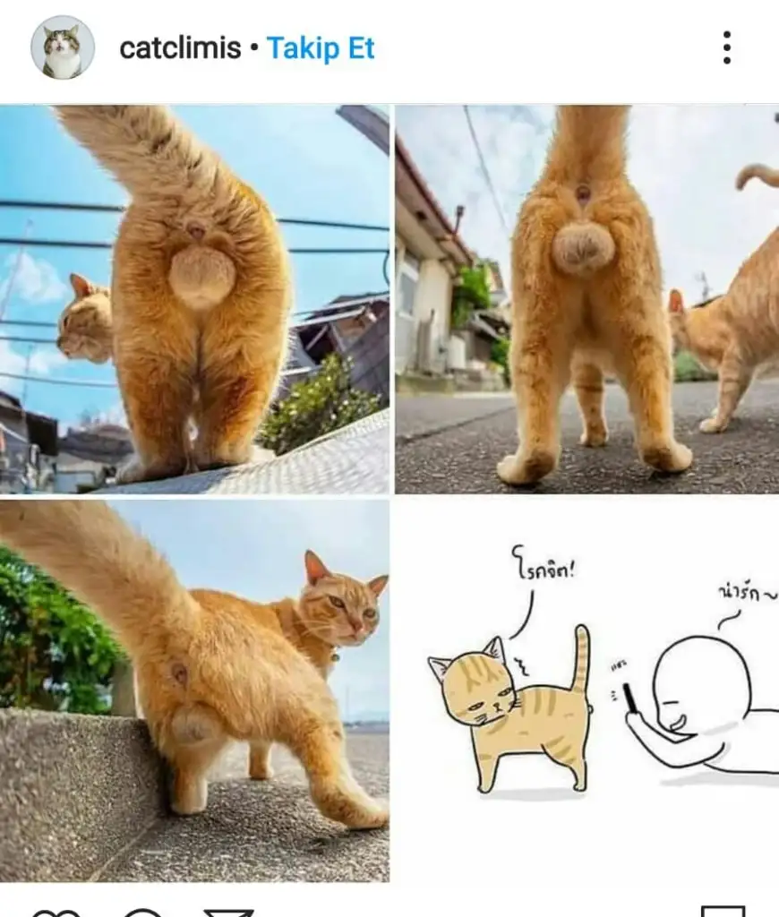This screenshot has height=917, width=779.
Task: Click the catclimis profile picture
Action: [63, 47]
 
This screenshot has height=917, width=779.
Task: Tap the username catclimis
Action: [180, 48]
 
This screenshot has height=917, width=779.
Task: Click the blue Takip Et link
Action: [321, 48]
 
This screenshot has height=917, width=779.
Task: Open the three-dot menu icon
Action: [727, 47]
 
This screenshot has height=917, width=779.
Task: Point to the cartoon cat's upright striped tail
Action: [581, 660]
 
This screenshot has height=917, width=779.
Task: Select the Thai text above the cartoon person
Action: [748, 593]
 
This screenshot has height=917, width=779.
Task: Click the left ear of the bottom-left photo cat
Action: [316, 568]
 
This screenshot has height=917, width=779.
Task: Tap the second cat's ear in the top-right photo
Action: [676, 301]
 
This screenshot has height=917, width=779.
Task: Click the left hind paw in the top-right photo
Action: [526, 465]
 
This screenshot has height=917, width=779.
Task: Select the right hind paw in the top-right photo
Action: [667, 456]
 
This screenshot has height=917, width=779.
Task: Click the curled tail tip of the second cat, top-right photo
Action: [756, 176]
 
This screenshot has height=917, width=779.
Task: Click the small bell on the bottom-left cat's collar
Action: [335, 657]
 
